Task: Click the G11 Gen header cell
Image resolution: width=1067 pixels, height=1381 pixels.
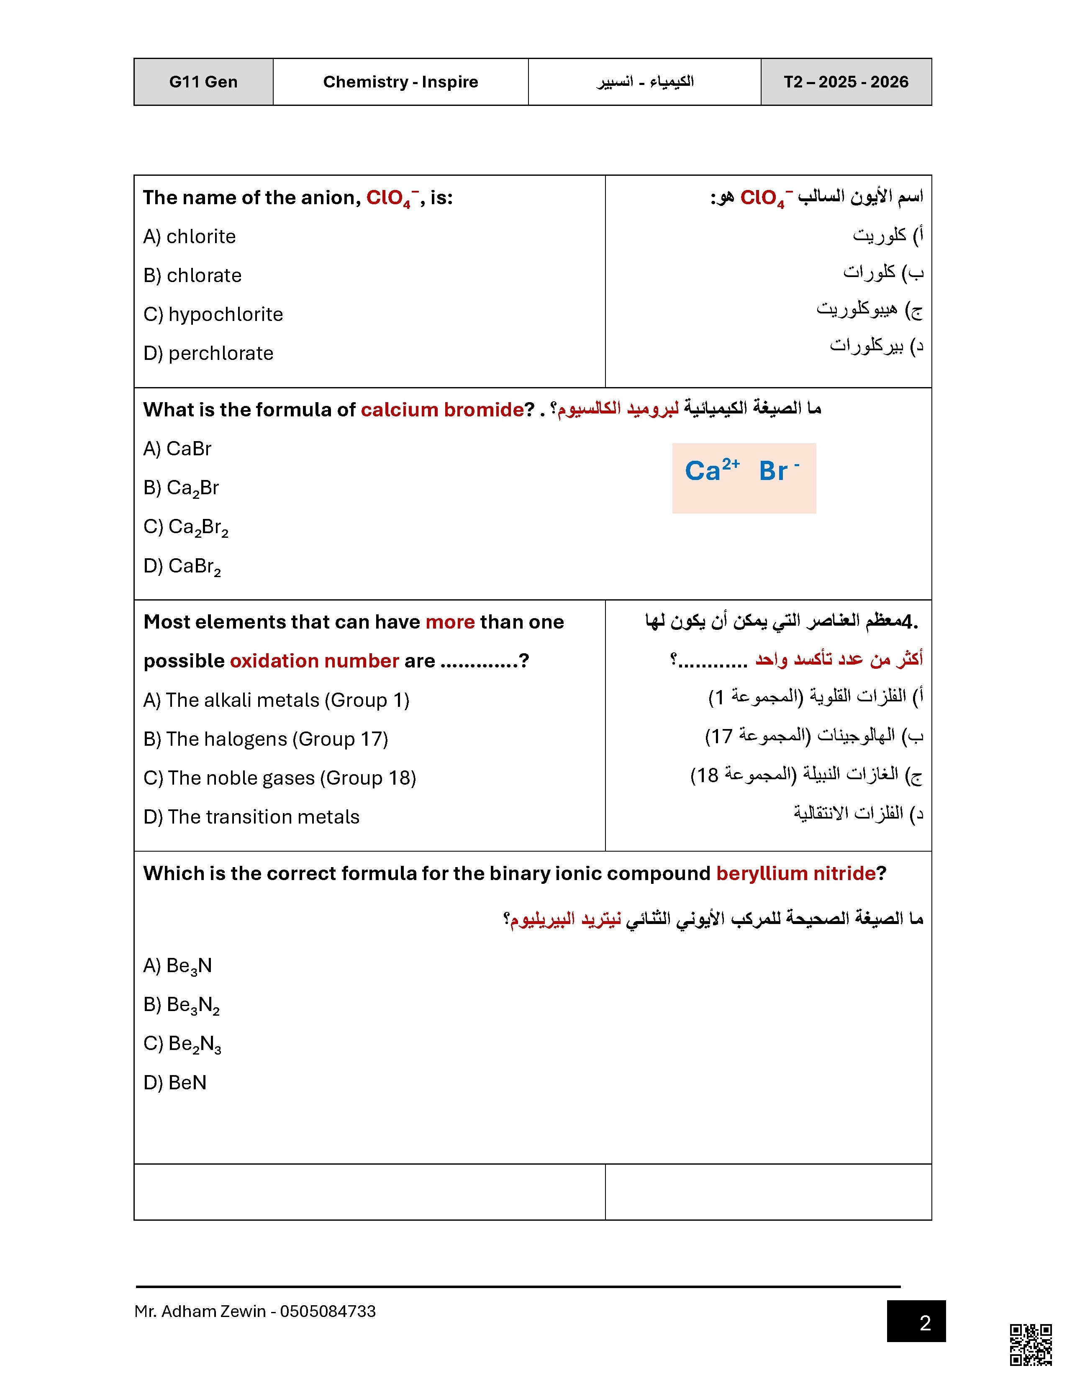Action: [x=203, y=82]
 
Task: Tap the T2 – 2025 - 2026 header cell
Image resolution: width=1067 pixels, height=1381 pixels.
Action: [x=846, y=82]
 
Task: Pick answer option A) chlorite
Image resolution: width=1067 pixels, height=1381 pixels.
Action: [x=190, y=236]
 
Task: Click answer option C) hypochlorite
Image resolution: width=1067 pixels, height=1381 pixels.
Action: [x=213, y=314]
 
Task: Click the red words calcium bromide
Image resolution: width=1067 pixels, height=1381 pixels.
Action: [x=442, y=410]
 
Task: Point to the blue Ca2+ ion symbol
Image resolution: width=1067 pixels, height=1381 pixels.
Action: [x=712, y=470]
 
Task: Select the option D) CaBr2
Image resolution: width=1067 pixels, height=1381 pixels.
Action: [x=182, y=566]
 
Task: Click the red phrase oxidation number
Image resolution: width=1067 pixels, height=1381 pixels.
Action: [x=314, y=661]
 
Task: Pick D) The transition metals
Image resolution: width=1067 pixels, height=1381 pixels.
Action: [x=251, y=817]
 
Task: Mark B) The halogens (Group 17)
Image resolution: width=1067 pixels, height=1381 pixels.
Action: [x=265, y=739]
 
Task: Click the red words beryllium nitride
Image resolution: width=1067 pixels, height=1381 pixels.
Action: [x=796, y=873]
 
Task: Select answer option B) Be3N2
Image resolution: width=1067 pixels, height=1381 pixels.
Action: [x=182, y=1005]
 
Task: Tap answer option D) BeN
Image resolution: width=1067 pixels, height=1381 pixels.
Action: [x=175, y=1083]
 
